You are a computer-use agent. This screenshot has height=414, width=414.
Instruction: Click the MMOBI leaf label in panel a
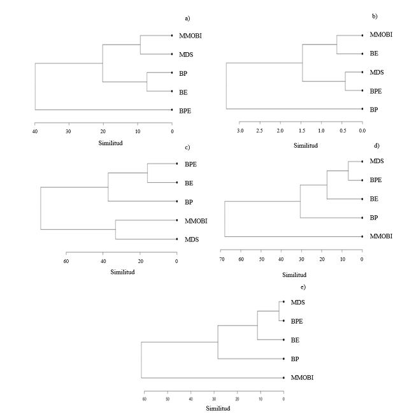(x=192, y=36)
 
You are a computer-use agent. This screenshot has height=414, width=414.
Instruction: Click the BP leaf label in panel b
(x=375, y=109)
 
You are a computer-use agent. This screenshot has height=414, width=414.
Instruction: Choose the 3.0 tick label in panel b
(x=239, y=131)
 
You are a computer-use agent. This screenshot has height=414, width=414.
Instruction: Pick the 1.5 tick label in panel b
(x=301, y=131)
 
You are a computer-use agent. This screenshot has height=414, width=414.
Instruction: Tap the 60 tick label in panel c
(x=66, y=260)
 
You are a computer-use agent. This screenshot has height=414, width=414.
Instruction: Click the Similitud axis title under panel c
(x=122, y=273)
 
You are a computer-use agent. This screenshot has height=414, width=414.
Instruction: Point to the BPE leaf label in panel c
(x=190, y=164)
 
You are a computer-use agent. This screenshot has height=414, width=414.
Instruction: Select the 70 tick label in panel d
(x=222, y=260)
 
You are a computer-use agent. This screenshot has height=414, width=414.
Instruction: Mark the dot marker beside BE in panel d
(x=362, y=199)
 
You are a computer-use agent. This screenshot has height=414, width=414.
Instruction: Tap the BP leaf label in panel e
(x=294, y=359)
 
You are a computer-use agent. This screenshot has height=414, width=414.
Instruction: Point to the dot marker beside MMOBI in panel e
(x=283, y=378)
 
